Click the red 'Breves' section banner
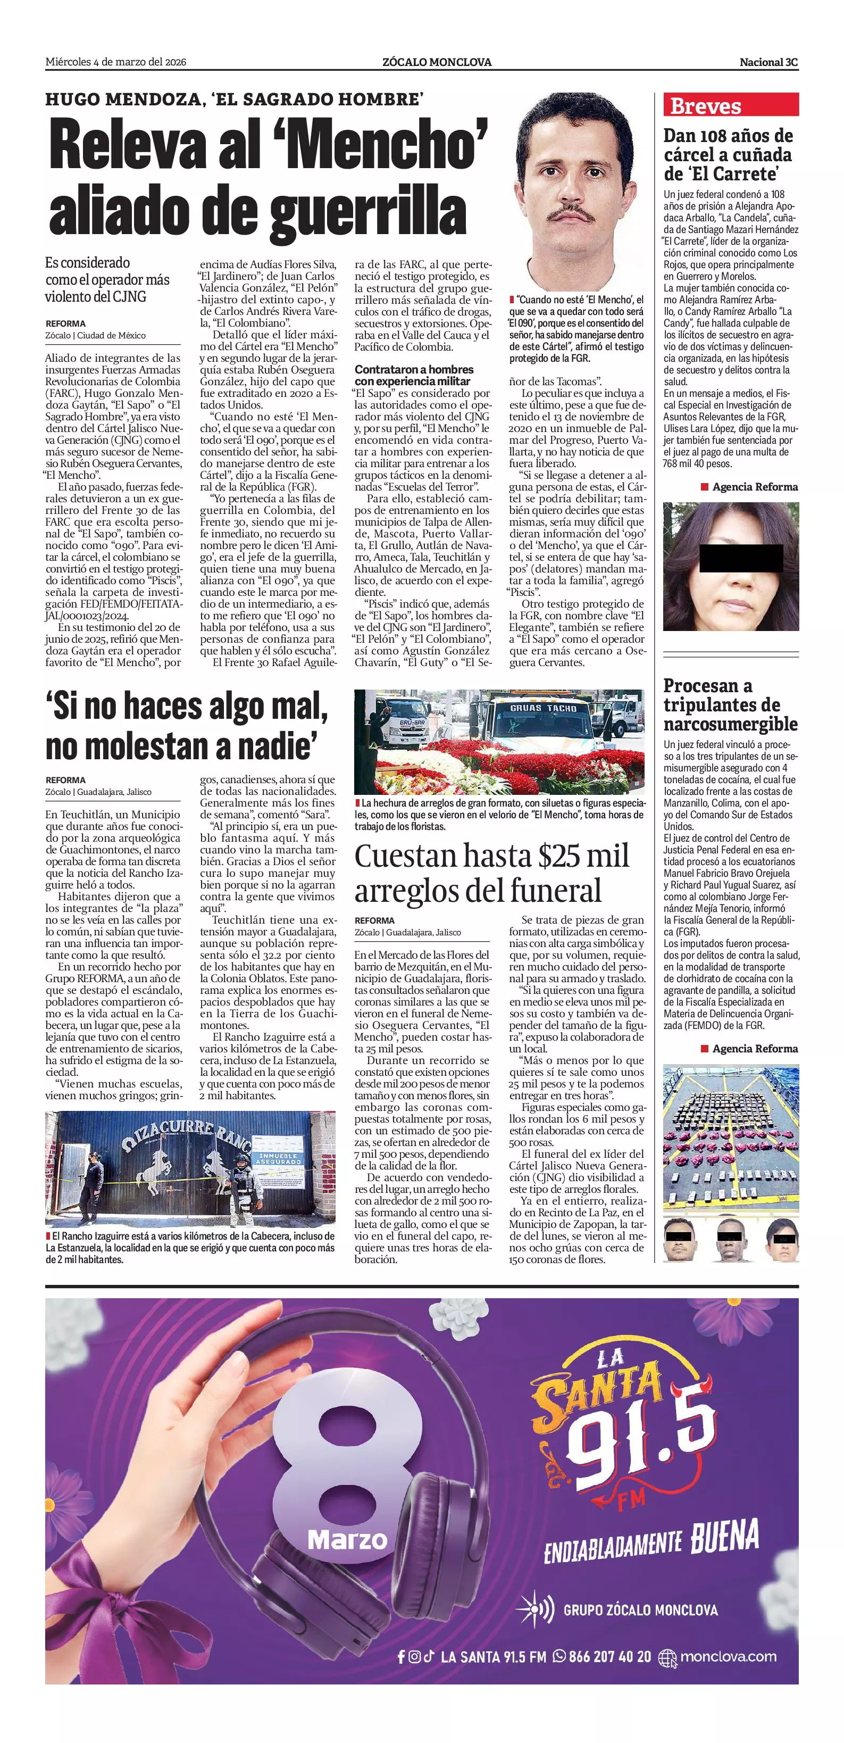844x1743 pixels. click(730, 105)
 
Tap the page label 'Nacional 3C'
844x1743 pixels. click(768, 62)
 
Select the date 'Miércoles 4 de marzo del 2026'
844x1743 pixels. click(115, 62)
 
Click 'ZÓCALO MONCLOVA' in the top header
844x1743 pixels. click(436, 62)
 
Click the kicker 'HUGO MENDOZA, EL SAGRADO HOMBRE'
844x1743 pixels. click(234, 99)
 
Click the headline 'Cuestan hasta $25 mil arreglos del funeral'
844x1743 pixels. click(491, 873)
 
